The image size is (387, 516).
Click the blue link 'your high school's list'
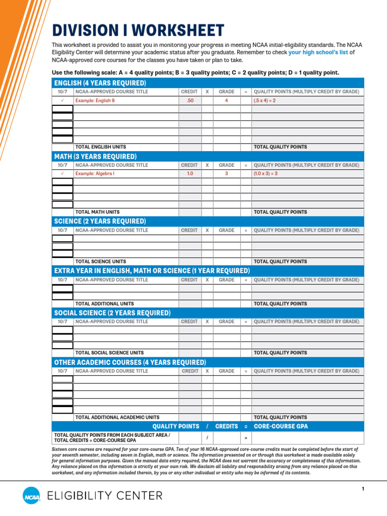(318, 52)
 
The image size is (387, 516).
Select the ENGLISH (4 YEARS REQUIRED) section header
(100, 83)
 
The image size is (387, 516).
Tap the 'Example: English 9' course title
(95, 101)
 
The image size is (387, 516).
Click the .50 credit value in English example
(189, 101)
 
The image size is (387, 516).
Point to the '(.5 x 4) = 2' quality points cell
(265, 101)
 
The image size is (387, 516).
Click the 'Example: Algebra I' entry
(95, 174)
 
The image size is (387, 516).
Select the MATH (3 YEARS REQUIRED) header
(95, 157)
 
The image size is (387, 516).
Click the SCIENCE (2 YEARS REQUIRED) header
(100, 221)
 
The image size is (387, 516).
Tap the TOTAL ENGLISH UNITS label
(100, 147)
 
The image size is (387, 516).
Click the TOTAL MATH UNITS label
(97, 212)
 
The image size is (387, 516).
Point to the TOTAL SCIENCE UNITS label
(100, 262)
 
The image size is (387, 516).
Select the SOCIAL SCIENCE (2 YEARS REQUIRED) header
(112, 313)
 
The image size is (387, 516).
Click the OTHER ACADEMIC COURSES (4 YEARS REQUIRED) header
(130, 362)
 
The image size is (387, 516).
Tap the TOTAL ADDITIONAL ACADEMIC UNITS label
(117, 417)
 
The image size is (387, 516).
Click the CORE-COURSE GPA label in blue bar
(281, 426)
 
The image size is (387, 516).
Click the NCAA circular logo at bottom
(31, 496)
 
